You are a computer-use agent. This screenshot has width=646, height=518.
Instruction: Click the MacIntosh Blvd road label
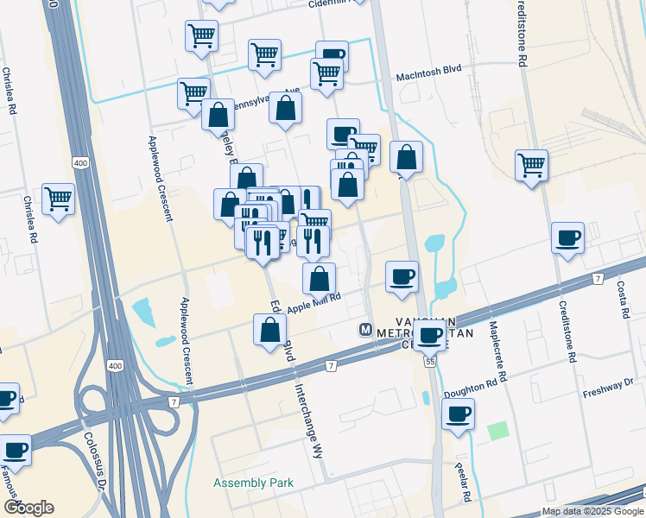[429, 76]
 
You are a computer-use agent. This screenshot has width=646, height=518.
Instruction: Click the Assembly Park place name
[254, 483]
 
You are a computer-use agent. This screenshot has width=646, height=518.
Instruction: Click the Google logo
[28, 507]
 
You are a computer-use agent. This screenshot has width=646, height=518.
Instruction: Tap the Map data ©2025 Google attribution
[592, 511]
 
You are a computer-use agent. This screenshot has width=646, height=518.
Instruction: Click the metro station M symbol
[365, 330]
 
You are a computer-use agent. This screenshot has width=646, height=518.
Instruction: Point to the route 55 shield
[429, 362]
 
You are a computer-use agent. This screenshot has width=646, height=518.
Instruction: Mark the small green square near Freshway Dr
[496, 430]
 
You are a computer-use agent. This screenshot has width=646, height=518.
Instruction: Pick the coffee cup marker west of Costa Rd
[568, 238]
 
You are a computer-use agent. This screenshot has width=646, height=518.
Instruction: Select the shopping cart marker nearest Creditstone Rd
[531, 165]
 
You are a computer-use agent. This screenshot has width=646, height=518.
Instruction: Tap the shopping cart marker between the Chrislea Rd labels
[58, 199]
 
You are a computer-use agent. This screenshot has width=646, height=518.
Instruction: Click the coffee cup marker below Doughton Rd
[458, 414]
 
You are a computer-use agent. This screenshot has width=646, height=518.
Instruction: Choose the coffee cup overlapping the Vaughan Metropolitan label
[429, 334]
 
